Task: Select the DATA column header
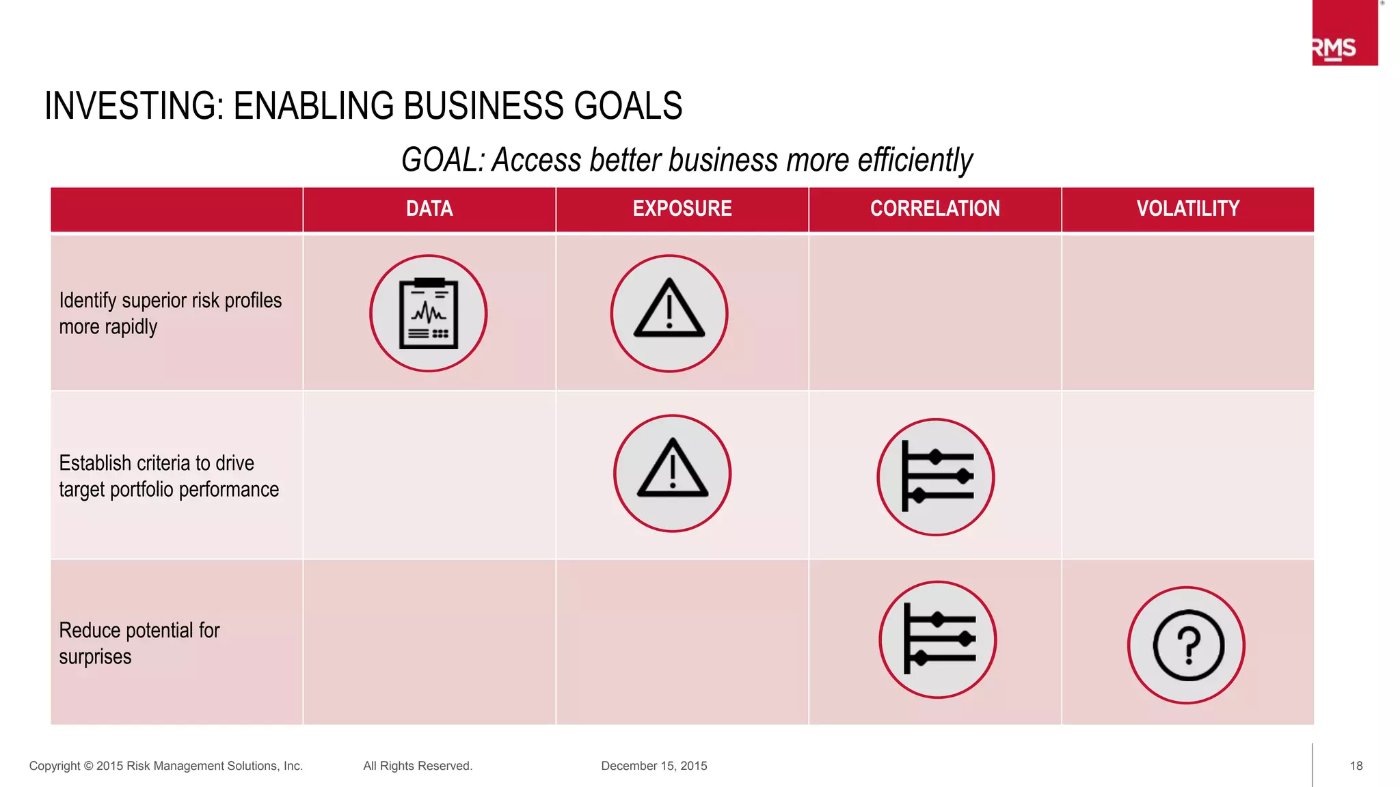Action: [x=429, y=208]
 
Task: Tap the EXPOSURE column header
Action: [x=682, y=208]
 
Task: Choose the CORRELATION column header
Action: [x=934, y=208]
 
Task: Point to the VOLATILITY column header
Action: [x=1187, y=208]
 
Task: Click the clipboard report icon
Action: [x=429, y=314]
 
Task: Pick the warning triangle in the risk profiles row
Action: [x=669, y=314]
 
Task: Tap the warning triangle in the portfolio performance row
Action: [x=673, y=473]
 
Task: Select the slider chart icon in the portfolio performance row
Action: [x=936, y=477]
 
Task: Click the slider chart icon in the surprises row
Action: [x=938, y=639]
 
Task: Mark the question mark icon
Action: [x=1187, y=645]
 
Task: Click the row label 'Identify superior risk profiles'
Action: [x=170, y=314]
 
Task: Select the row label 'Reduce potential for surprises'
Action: [x=139, y=643]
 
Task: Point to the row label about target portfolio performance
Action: [x=169, y=476]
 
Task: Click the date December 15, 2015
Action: [x=654, y=766]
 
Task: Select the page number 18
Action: [x=1356, y=766]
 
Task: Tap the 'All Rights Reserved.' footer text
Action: [x=418, y=766]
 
